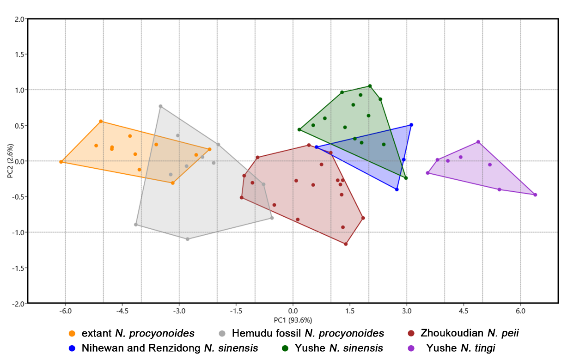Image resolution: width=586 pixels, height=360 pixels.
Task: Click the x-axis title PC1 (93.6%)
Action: click(x=293, y=320)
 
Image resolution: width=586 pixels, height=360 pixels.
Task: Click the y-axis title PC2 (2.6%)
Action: click(x=11, y=161)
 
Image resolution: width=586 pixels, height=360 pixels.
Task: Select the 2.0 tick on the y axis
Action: click(x=19, y=19)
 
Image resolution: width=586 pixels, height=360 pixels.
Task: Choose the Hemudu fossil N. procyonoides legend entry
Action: click(x=307, y=333)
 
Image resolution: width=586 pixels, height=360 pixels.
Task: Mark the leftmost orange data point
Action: click(x=61, y=162)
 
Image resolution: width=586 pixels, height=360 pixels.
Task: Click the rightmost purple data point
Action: click(x=535, y=195)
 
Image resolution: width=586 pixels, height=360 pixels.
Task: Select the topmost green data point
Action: click(x=370, y=86)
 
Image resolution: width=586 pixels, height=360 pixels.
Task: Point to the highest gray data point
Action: click(x=160, y=106)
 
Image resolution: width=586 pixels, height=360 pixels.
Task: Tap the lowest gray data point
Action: click(x=188, y=239)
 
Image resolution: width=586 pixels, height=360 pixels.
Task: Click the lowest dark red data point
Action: click(x=346, y=244)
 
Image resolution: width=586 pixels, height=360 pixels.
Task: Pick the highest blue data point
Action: click(x=411, y=125)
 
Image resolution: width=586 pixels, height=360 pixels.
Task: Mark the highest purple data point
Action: click(x=478, y=142)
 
